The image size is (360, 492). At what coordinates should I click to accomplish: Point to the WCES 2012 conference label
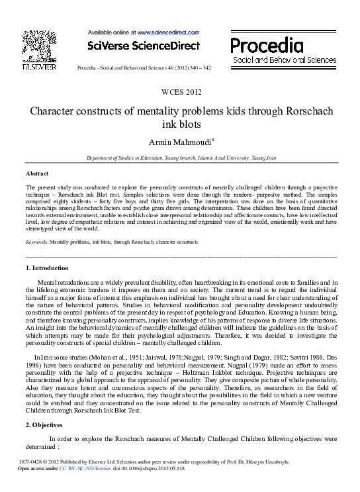[179, 91]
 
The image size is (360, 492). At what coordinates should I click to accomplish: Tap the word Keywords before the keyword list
[36, 243]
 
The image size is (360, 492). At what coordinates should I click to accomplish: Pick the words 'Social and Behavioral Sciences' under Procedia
[285, 60]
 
